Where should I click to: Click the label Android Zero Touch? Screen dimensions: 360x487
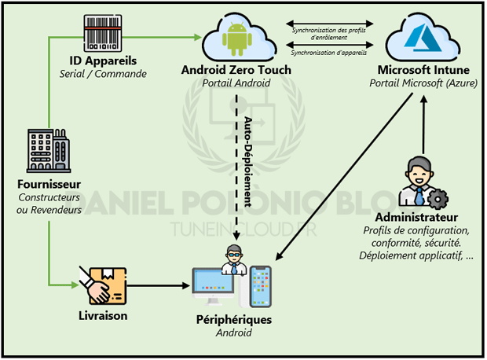coord(236,70)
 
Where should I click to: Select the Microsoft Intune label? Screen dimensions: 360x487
coord(423,70)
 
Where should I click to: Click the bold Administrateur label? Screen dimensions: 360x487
coord(417,217)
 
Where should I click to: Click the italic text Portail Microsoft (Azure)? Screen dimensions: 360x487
coord(423,83)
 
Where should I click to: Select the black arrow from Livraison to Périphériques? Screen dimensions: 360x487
coord(157,287)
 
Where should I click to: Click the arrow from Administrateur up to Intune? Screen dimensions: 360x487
coord(423,126)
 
